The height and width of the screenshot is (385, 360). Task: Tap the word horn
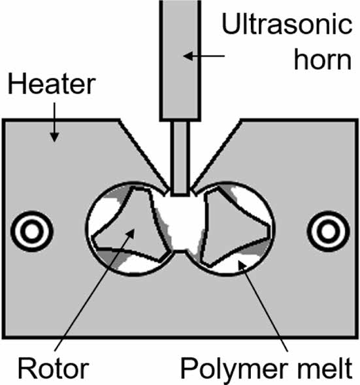(x=323, y=59)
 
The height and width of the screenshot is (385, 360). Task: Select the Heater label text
(x=52, y=84)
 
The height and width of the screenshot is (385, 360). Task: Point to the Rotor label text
(x=53, y=369)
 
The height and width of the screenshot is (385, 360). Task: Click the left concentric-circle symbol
(x=32, y=231)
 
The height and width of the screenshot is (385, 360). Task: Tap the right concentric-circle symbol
(x=328, y=231)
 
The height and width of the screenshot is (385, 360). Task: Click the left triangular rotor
(x=130, y=226)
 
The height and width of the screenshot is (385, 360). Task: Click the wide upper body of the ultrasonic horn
(x=180, y=60)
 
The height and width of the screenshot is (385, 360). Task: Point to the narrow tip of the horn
(x=180, y=159)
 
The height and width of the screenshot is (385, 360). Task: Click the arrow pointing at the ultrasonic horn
(x=204, y=56)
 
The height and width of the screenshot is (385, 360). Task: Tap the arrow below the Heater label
(x=54, y=122)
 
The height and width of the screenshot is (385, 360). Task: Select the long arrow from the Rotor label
(x=95, y=290)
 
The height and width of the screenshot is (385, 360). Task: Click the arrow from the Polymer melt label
(x=263, y=306)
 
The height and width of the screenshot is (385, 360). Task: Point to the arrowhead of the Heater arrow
(x=54, y=137)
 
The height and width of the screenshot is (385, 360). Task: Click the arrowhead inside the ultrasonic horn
(x=188, y=56)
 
